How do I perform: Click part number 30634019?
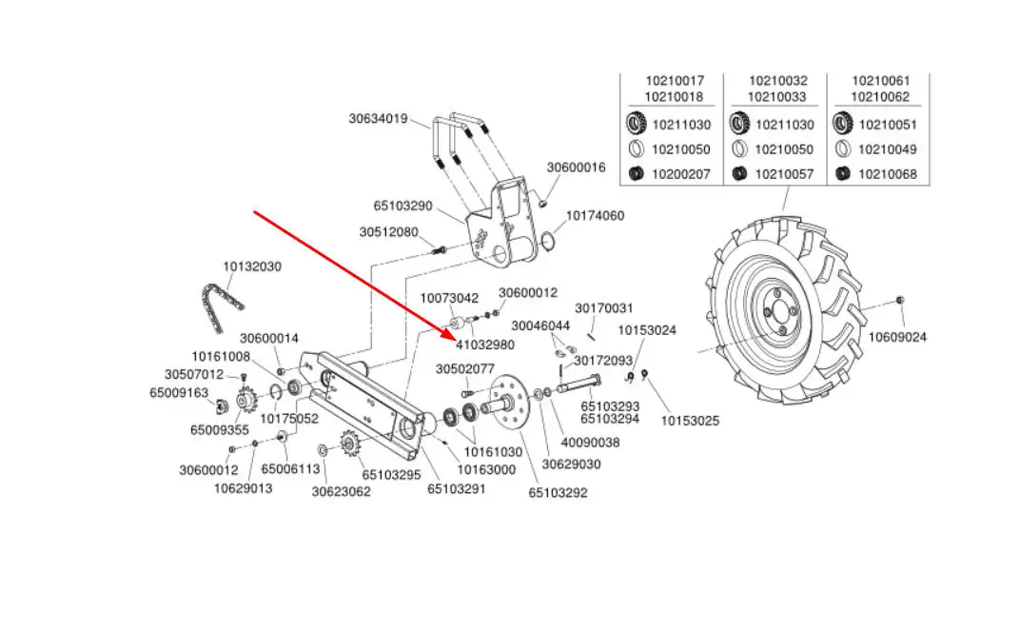coord(378,119)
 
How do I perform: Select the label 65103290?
coord(403,205)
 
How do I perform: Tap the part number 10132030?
coord(252,267)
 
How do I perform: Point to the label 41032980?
coord(484,345)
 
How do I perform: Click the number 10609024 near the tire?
coord(897,337)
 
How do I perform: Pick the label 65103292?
coord(559,492)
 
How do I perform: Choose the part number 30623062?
coord(342,491)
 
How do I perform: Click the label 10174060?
coord(596,216)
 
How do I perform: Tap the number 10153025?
coord(691,420)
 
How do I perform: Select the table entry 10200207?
coord(680,174)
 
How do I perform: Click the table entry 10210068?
coord(888,174)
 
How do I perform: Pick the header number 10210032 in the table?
coord(778,82)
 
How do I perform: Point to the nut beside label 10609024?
coord(900,301)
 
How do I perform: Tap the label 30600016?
coord(576,168)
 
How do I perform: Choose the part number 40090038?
coord(590,442)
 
